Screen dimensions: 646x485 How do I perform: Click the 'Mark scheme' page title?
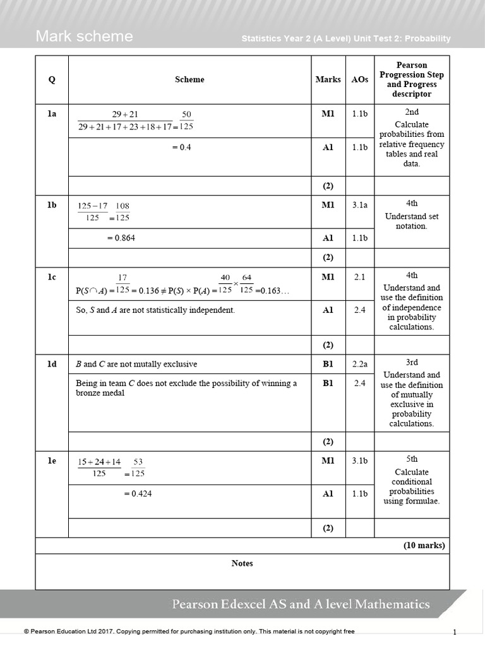84,37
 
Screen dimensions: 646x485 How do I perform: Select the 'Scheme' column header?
189,79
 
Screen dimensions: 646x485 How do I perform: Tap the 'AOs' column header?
359,79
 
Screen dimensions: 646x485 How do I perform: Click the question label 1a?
52,114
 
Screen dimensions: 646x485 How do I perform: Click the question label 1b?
52,205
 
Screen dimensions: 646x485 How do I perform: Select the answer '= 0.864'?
121,238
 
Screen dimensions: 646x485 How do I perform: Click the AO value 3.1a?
359,205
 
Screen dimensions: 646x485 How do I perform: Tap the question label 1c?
52,277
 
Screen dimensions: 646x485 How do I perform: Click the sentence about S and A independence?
155,310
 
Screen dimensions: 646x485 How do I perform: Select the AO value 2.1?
359,277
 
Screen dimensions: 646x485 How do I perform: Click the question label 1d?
52,364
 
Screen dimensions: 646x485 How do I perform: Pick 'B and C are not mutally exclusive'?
136,364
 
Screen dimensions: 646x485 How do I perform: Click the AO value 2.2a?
359,364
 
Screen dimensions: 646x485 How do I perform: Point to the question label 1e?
52,461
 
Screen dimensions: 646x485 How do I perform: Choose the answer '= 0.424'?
138,494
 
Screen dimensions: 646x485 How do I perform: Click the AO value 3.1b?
359,461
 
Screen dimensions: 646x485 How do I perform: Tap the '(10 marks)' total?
424,546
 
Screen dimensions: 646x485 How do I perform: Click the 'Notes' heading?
242,563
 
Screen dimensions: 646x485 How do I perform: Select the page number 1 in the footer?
454,631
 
